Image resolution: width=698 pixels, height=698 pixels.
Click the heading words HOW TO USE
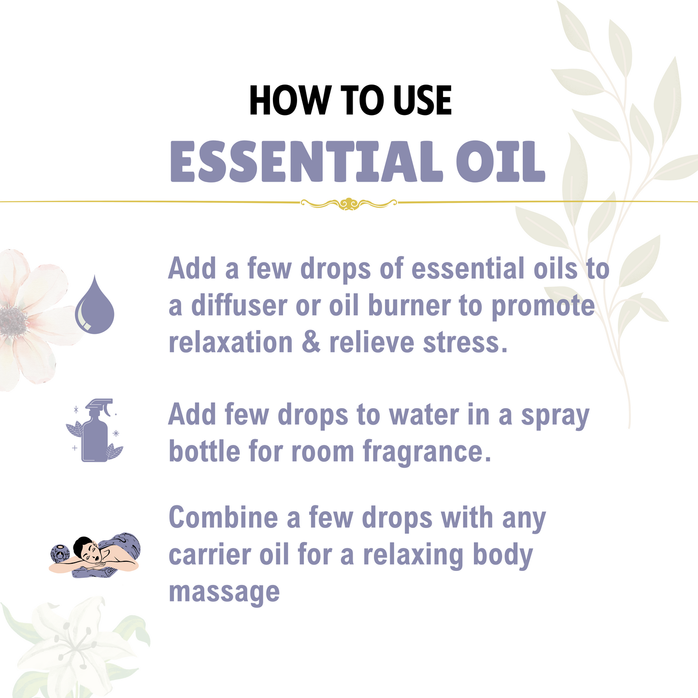click(x=350, y=100)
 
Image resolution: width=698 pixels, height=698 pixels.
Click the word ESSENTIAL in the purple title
click(x=306, y=162)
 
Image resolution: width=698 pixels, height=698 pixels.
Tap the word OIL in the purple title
click(x=500, y=162)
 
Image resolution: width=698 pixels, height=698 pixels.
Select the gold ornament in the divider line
click(x=349, y=203)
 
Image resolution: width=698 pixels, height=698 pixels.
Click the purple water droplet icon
click(x=95, y=306)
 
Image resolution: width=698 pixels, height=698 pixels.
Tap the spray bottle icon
click(x=95, y=430)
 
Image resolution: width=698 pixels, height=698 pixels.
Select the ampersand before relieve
click(x=311, y=342)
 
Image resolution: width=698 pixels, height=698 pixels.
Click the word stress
click(x=465, y=342)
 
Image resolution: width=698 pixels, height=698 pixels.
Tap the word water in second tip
click(x=424, y=415)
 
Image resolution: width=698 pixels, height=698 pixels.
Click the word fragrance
click(x=426, y=453)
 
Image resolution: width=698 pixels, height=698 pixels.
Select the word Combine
click(x=223, y=517)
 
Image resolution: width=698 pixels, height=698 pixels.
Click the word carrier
click(x=210, y=556)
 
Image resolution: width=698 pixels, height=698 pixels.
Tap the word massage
click(x=224, y=593)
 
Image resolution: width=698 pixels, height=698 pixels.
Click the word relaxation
click(x=230, y=342)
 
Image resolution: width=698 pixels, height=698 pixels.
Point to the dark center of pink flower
click(x=13, y=320)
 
